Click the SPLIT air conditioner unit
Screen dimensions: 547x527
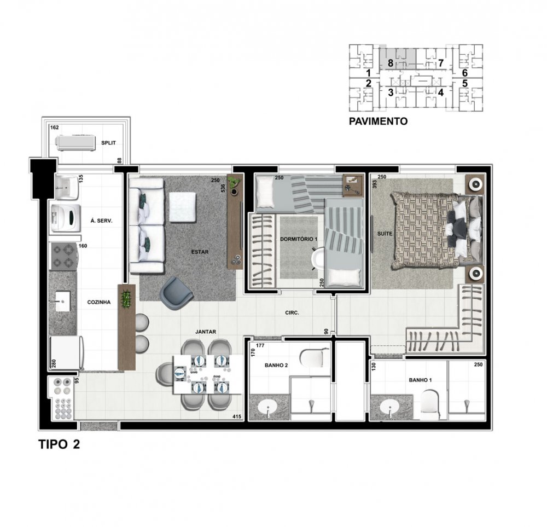pyautogui.click(x=75, y=143)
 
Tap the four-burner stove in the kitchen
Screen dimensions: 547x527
pyautogui.click(x=63, y=257)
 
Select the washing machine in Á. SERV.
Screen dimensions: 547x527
pyautogui.click(x=65, y=218)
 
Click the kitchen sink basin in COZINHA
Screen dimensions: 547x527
pyautogui.click(x=63, y=302)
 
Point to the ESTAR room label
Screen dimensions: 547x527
pyautogui.click(x=200, y=252)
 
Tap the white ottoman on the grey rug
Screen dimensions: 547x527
pyautogui.click(x=183, y=207)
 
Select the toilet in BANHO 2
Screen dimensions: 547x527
pyautogui.click(x=313, y=358)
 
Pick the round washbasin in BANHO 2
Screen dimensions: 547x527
pyautogui.click(x=267, y=407)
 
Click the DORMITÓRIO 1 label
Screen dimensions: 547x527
pyautogui.click(x=299, y=239)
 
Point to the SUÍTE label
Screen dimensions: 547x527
pyautogui.click(x=385, y=234)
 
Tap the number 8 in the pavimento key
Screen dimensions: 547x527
pyautogui.click(x=391, y=63)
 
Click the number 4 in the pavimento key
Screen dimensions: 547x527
pyautogui.click(x=440, y=93)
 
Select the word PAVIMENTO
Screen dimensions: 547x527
pyautogui.click(x=378, y=121)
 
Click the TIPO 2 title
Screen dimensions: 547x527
pyautogui.click(x=59, y=444)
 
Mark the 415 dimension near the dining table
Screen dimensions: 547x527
pyautogui.click(x=237, y=416)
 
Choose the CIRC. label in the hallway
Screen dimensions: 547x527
pyautogui.click(x=292, y=313)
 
